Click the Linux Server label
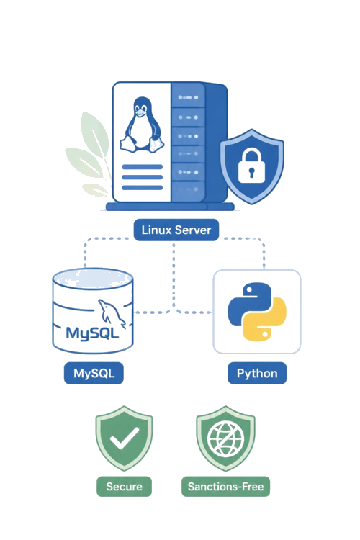click(x=176, y=230)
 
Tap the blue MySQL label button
click(x=94, y=373)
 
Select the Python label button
click(x=257, y=373)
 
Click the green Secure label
click(x=124, y=486)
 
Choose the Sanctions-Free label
click(x=225, y=486)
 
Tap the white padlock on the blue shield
click(x=251, y=166)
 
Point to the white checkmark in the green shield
click(x=125, y=438)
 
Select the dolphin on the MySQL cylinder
click(x=111, y=312)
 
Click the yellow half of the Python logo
click(x=265, y=320)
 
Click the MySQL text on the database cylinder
click(x=92, y=333)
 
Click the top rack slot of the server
click(x=188, y=96)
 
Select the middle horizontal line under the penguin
click(x=143, y=177)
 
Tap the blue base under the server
click(x=170, y=207)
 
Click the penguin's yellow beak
click(x=140, y=112)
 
